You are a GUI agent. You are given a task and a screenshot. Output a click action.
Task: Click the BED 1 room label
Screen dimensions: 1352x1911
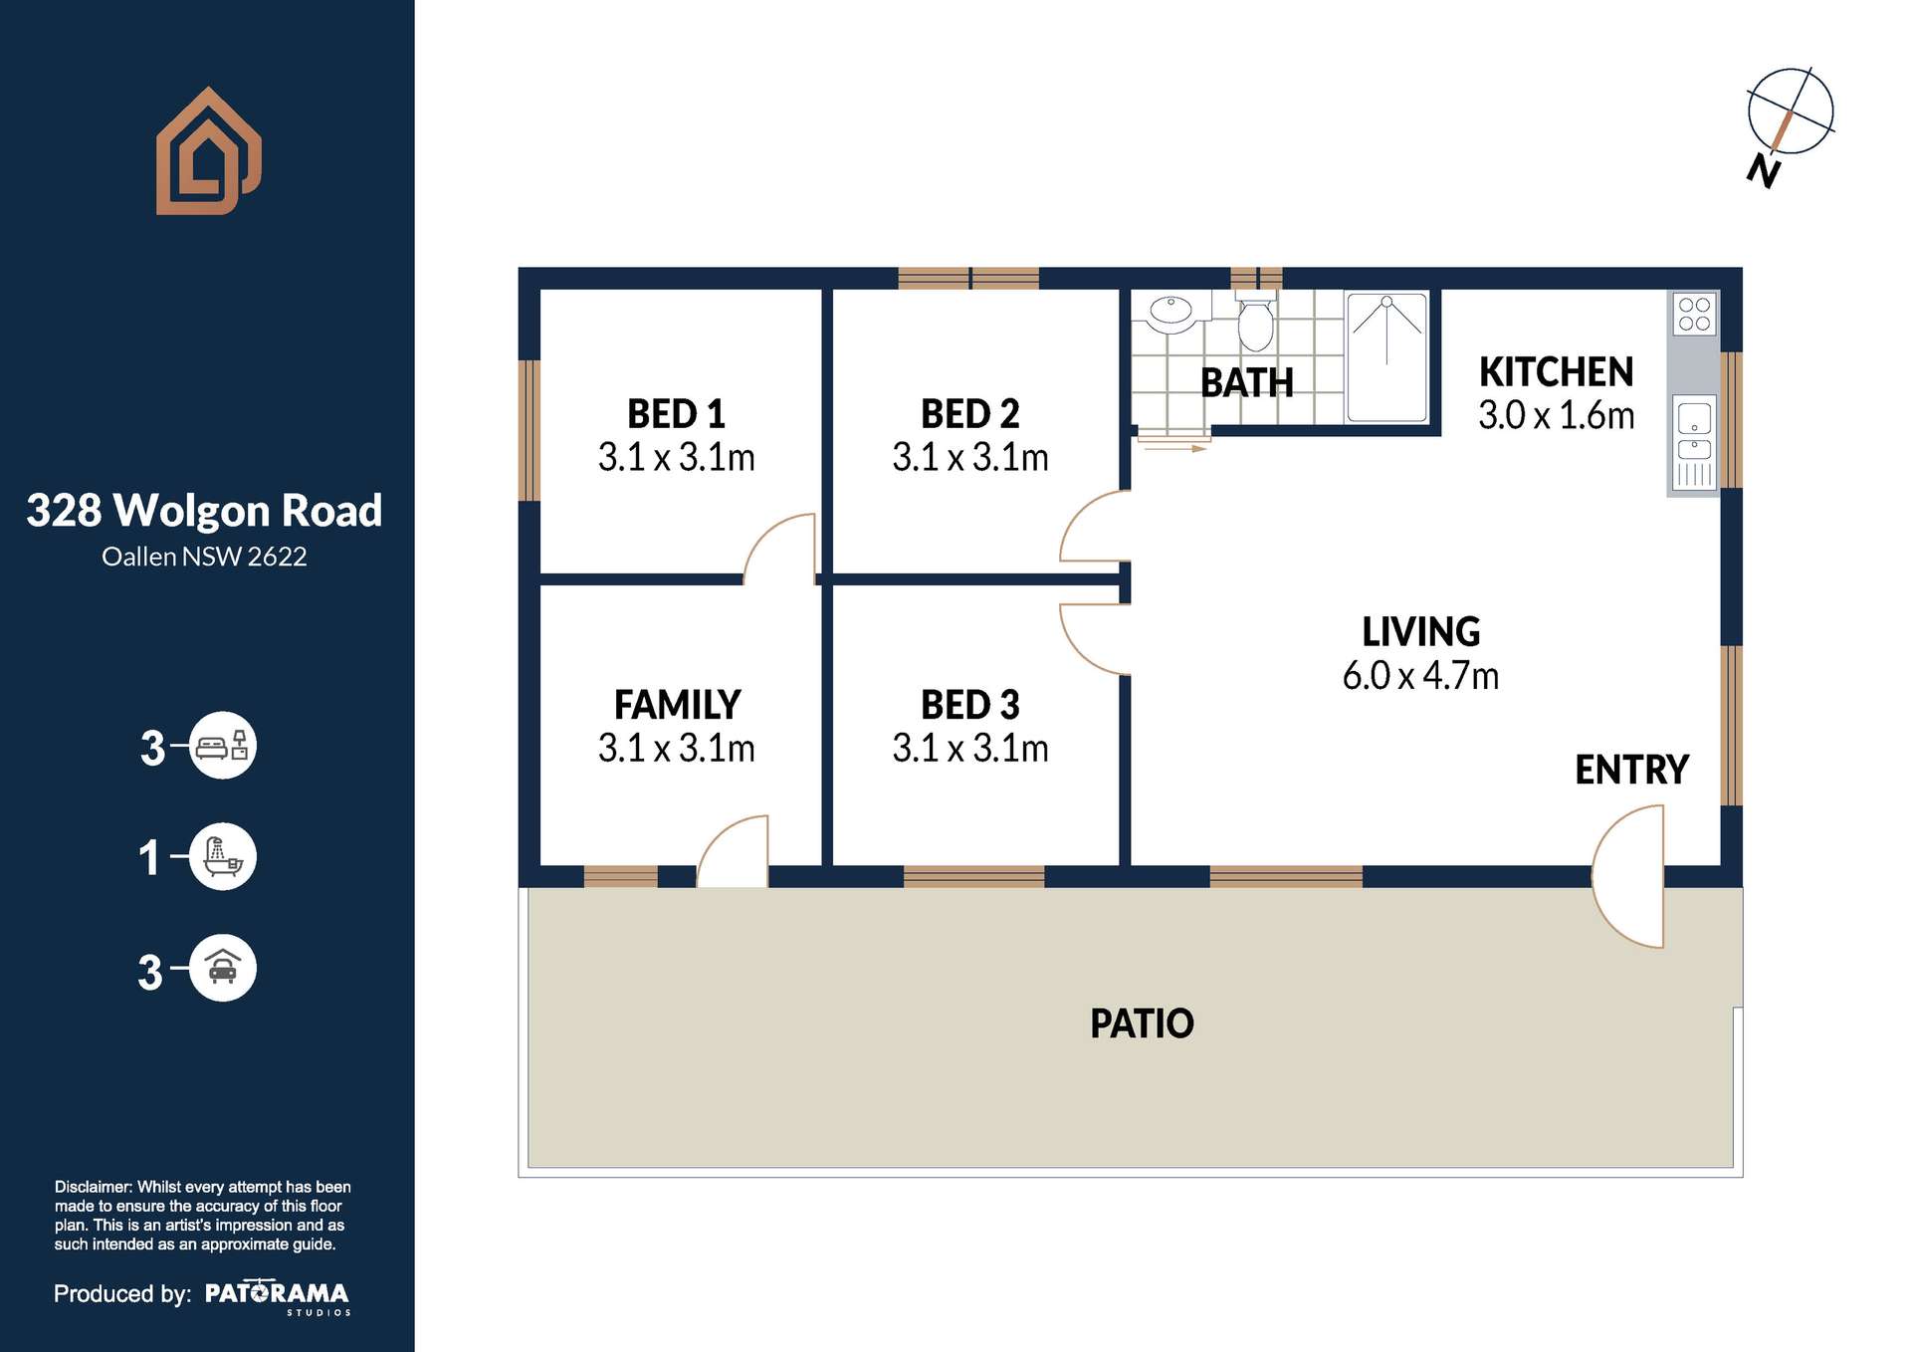pos(676,413)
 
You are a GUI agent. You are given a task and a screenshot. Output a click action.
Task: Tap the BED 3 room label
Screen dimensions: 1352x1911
pos(969,705)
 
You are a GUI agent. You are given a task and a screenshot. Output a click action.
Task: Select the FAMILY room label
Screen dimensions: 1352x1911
pos(677,705)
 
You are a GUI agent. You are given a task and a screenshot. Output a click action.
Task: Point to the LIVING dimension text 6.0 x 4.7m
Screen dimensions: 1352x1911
pos(1420,676)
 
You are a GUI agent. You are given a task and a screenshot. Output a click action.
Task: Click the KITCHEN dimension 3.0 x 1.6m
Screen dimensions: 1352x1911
pos(1556,416)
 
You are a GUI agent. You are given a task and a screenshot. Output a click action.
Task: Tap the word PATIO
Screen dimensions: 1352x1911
pos(1142,1023)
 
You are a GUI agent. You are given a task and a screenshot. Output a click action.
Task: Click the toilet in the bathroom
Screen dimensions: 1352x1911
pos(1255,323)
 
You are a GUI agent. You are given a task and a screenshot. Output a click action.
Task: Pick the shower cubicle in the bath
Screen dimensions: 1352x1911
pos(1386,356)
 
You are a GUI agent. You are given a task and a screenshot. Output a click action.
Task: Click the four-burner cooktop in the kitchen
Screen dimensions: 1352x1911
pos(1694,314)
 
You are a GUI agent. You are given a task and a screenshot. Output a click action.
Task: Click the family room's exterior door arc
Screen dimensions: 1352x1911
pos(733,852)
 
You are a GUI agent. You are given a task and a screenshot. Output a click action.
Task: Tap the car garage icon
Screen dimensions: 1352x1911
pos(223,968)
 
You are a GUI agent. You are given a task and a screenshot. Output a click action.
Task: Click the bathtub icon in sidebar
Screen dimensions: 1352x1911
pos(223,856)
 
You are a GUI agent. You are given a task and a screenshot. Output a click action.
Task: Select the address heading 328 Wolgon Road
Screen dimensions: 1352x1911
pos(204,511)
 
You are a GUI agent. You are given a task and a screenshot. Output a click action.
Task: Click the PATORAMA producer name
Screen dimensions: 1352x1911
pos(277,1293)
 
